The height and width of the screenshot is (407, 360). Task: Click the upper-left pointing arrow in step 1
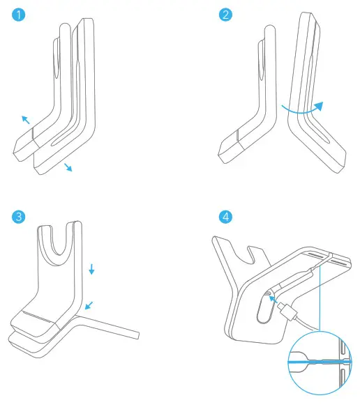tap(26, 121)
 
